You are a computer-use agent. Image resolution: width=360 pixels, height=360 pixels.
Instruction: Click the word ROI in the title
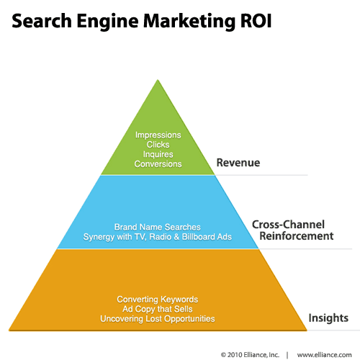point(256,21)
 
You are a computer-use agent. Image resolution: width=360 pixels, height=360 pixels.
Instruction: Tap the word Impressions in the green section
point(158,135)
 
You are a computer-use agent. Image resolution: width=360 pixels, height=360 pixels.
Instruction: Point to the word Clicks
point(158,145)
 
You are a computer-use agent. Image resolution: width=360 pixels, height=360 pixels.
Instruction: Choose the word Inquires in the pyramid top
point(158,154)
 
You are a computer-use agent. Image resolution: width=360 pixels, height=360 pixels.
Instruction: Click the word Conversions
point(158,164)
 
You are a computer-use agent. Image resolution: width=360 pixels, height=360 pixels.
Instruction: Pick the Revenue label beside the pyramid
point(238,163)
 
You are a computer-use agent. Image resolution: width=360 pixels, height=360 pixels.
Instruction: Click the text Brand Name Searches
point(158,227)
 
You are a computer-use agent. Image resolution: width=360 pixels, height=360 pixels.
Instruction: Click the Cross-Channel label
point(288,225)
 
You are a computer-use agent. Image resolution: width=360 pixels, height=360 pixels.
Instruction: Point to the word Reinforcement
point(297,236)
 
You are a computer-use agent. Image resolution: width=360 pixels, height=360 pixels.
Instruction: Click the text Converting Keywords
point(158,300)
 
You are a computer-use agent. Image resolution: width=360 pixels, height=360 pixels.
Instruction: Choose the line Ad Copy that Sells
point(158,309)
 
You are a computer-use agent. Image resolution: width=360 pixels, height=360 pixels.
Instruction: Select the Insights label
point(328,318)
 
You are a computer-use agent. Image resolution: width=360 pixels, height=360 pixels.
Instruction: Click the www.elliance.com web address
point(325,355)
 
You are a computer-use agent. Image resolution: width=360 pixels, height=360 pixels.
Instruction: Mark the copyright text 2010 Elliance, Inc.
point(253,355)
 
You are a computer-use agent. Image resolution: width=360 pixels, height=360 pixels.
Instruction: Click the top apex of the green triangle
point(158,80)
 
